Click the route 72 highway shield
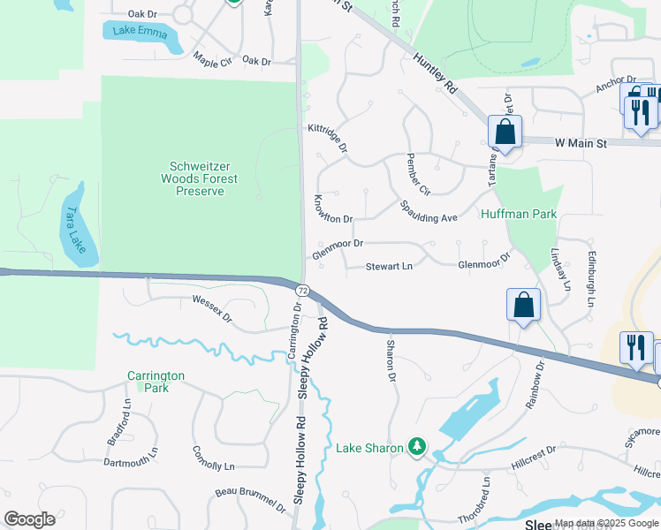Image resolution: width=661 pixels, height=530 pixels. [x=302, y=290]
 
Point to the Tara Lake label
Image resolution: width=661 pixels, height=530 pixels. [x=75, y=224]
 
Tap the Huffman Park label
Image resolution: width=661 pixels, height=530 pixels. [x=520, y=214]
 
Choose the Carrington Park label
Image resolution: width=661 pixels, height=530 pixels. [x=155, y=382]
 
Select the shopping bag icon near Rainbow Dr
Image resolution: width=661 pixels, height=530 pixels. [x=523, y=306]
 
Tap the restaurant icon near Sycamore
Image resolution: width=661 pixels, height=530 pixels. [x=636, y=348]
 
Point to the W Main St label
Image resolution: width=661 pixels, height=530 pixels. [x=582, y=142]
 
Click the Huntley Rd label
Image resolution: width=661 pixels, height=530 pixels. [x=438, y=72]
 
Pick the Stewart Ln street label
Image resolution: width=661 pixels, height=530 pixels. [x=390, y=266]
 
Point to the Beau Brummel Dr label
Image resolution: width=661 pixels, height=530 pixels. [x=251, y=501]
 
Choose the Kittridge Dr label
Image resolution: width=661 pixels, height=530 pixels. [x=327, y=138]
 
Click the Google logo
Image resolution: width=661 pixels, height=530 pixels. [x=30, y=519]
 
